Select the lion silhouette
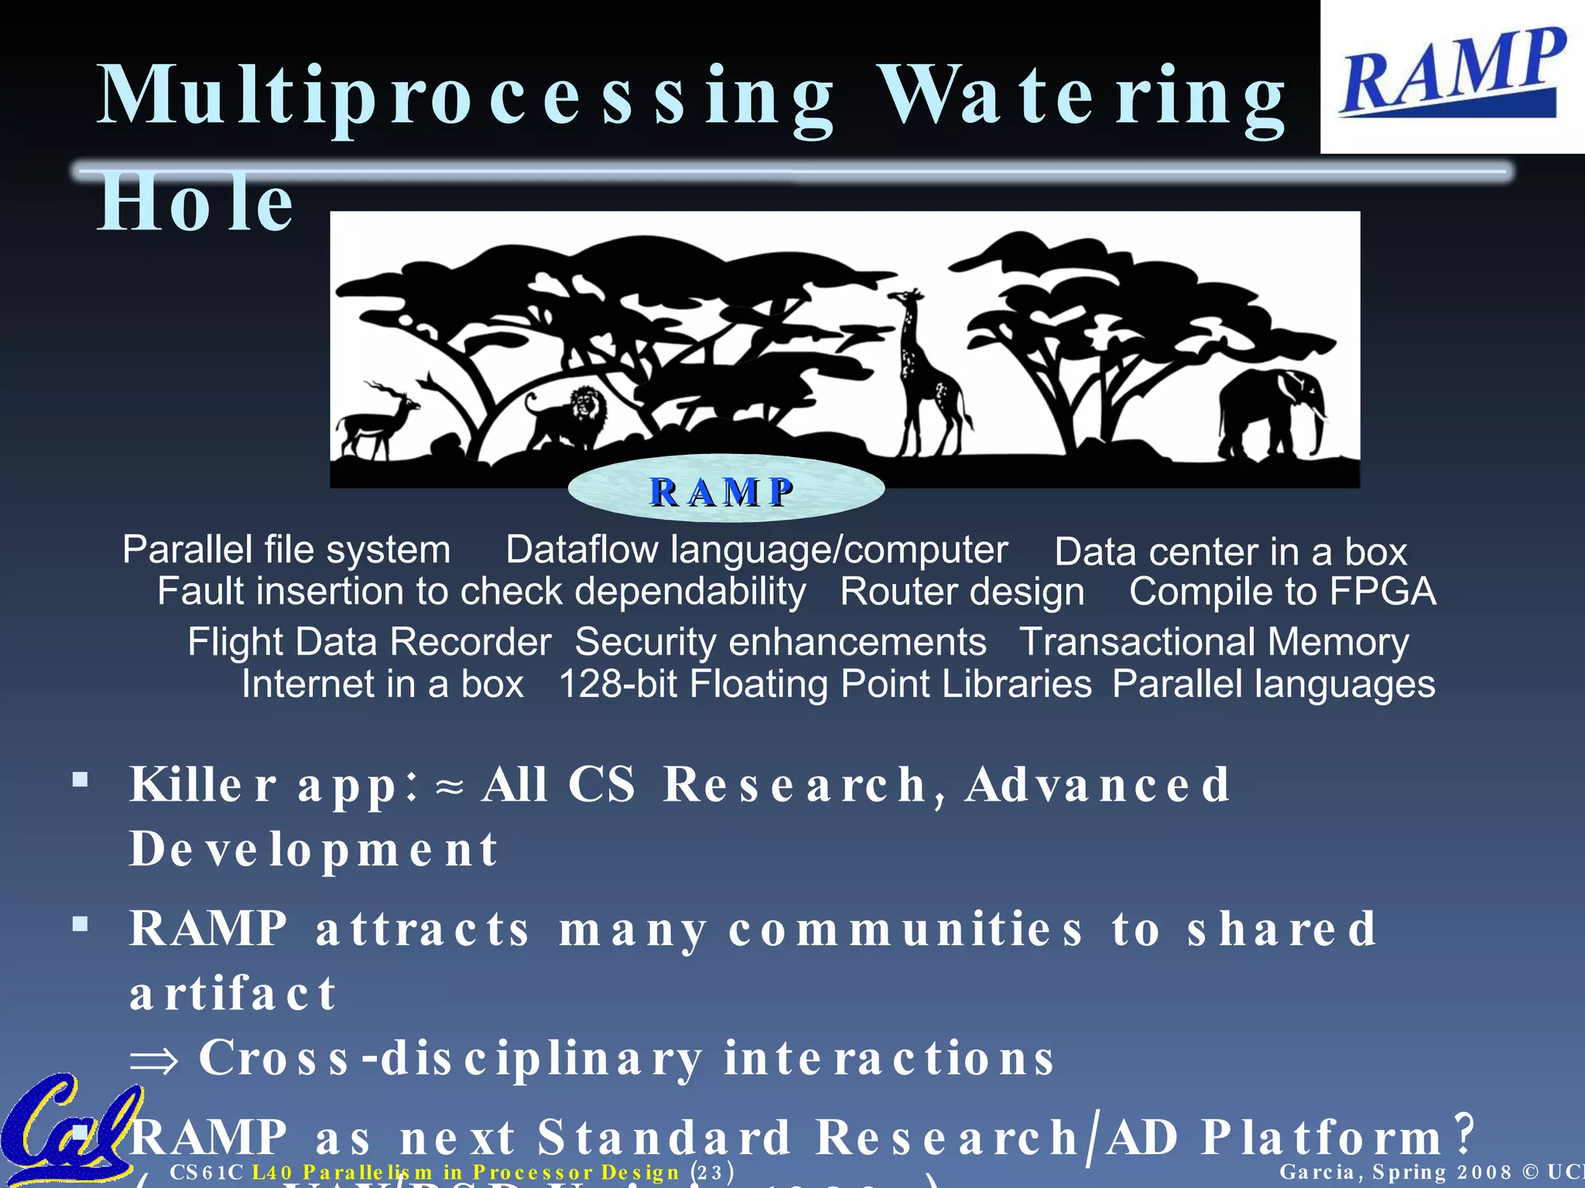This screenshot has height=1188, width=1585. click(569, 418)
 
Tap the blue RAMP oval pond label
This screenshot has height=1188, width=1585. click(725, 490)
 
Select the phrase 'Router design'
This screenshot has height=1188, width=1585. click(962, 592)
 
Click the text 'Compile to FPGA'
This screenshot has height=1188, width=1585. click(1282, 592)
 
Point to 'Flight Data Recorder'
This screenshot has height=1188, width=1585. click(369, 642)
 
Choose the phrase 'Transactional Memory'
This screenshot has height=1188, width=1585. click(1214, 642)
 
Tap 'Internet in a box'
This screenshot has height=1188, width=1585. click(382, 684)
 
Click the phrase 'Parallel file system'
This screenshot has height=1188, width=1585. click(286, 550)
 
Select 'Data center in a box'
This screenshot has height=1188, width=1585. click(1231, 552)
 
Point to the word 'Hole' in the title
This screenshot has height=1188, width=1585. click(195, 203)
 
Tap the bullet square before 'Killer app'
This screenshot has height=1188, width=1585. click(80, 779)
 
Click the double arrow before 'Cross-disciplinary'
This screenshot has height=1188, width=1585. click(154, 1060)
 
